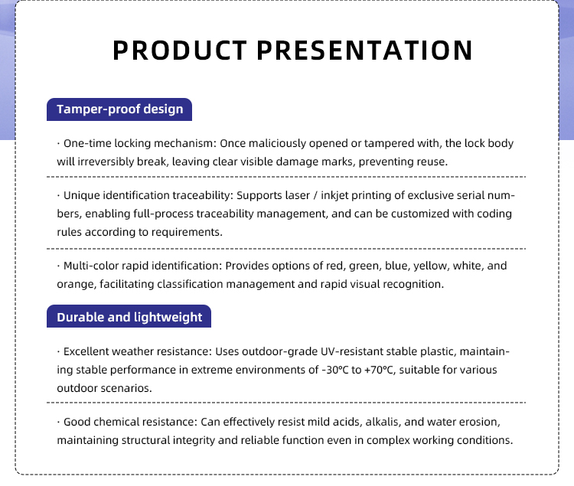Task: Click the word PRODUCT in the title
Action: (180, 51)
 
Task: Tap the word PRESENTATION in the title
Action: (364, 51)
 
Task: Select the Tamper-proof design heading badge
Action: (119, 109)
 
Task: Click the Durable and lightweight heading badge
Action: (129, 317)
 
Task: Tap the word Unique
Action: (82, 195)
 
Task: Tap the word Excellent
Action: (86, 351)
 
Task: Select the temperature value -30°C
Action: (335, 370)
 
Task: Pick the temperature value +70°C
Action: (379, 370)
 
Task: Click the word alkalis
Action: (383, 422)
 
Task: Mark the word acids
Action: (348, 422)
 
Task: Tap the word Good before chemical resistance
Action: (77, 422)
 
